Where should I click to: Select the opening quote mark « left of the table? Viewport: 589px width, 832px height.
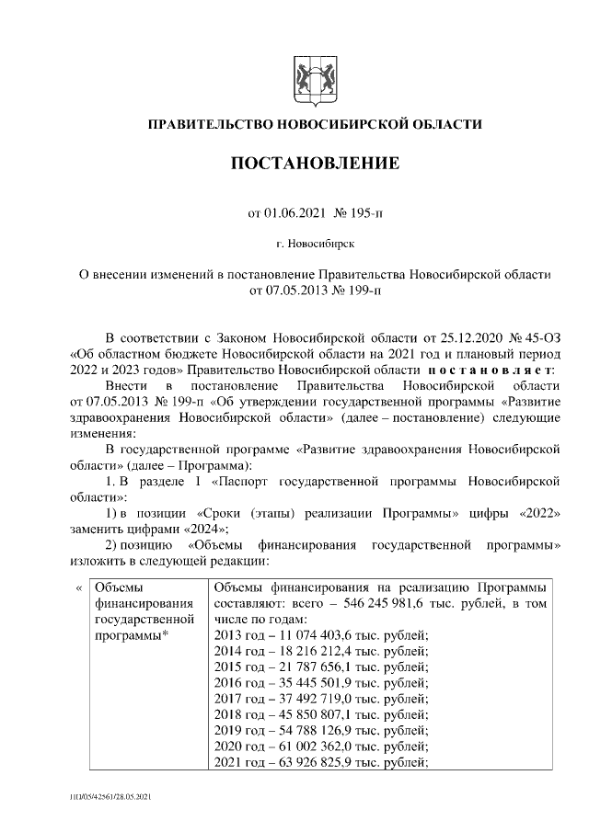tap(79, 587)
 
